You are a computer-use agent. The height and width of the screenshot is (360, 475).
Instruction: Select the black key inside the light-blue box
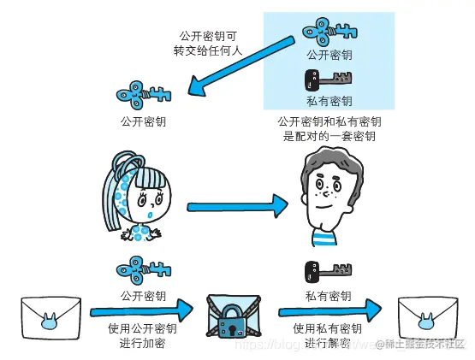pyautogui.click(x=328, y=80)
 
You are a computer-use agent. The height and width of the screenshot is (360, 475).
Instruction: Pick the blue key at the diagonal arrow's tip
pyautogui.click(x=144, y=91)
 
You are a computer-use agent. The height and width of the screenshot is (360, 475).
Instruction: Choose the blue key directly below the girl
pyautogui.click(x=143, y=272)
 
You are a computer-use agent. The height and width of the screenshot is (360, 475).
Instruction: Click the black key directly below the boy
pyautogui.click(x=328, y=272)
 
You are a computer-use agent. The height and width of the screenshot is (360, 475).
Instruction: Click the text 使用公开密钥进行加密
pyautogui.click(x=141, y=336)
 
